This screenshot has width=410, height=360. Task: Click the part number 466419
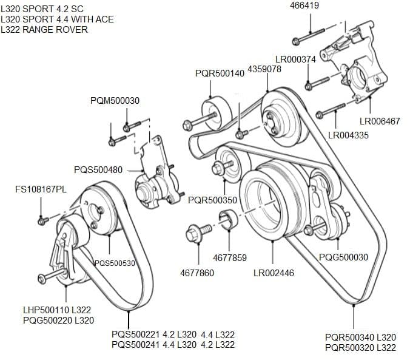tap(304, 5)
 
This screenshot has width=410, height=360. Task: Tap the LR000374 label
tap(295, 59)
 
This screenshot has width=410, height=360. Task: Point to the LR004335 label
tap(348, 135)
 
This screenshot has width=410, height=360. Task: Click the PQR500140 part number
tap(220, 73)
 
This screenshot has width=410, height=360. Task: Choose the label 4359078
tap(264, 69)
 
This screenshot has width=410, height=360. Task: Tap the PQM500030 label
tap(115, 101)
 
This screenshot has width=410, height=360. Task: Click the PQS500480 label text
tap(98, 170)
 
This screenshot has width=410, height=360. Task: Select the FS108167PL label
tap(41, 189)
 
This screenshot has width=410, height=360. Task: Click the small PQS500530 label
tap(115, 263)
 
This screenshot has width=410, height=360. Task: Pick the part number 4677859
tap(230, 258)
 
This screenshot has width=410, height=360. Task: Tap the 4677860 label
tap(197, 273)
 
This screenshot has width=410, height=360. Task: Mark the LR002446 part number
tap(274, 273)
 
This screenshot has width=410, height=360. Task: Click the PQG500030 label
tap(343, 257)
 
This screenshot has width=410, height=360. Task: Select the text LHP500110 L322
tap(57, 310)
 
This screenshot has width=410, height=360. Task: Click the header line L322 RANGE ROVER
tap(44, 30)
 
